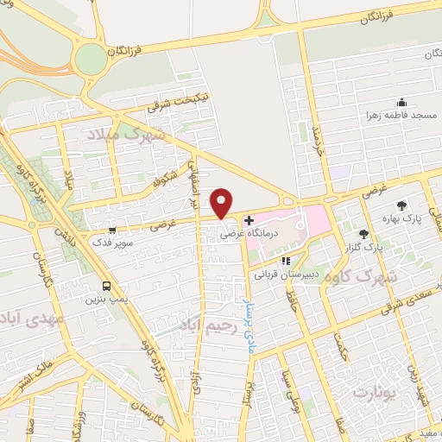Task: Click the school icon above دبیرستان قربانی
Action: (x=286, y=261)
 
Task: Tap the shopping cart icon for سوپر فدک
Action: (x=113, y=230)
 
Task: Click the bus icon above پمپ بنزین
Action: (x=106, y=287)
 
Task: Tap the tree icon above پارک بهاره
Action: (x=401, y=205)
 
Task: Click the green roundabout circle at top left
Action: (x=90, y=60)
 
